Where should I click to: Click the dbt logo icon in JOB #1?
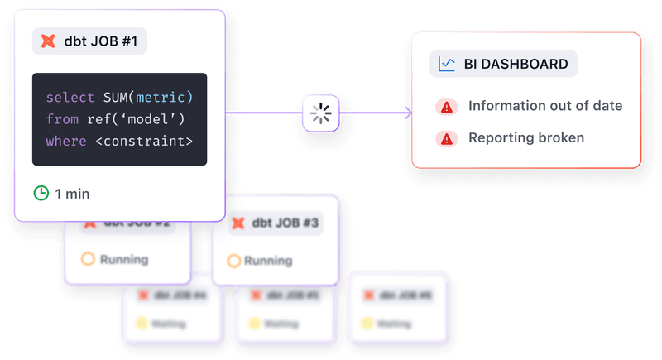49,41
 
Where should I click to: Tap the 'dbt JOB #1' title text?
100,41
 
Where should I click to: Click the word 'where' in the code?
66,141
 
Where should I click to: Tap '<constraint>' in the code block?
144,141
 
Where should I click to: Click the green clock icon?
41,194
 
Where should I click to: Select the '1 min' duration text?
72,194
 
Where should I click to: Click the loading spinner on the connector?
320,113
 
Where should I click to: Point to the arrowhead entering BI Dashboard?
406,113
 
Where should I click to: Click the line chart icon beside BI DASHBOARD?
447,64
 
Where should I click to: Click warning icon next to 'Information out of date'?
447,107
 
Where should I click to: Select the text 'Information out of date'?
545,106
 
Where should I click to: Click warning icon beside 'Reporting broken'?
447,138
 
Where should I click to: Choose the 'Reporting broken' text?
526,137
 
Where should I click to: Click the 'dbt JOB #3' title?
285,223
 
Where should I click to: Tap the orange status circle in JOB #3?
234,261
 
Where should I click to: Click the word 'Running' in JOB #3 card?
268,261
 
